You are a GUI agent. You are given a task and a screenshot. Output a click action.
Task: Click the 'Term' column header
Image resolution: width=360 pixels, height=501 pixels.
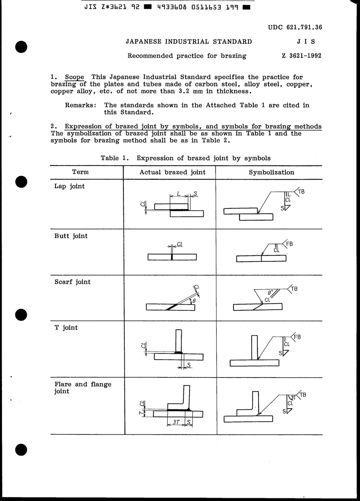80,172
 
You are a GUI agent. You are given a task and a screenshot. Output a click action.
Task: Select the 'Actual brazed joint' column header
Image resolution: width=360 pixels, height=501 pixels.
172,172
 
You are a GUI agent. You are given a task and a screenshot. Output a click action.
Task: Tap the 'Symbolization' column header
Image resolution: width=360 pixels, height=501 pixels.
271,172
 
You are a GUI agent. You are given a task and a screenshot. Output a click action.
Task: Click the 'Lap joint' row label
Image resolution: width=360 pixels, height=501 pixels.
69,186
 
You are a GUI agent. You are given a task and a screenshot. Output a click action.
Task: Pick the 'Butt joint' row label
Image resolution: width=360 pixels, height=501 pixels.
71,236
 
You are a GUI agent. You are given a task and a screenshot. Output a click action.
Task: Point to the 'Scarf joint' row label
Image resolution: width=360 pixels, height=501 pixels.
72,282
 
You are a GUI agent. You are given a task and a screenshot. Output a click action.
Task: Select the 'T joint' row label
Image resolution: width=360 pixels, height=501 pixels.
66,327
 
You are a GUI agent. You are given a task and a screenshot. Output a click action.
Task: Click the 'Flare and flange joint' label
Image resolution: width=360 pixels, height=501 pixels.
83,387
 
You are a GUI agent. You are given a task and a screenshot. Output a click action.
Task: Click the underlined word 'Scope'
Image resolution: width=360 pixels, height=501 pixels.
74,77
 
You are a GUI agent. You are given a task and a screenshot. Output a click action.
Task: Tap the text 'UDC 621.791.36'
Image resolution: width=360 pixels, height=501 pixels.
295,27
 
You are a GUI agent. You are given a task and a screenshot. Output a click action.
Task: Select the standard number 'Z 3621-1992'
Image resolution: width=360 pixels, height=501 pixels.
301,56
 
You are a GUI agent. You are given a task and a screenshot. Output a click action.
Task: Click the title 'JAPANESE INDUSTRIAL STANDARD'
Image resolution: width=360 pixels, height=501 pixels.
189,42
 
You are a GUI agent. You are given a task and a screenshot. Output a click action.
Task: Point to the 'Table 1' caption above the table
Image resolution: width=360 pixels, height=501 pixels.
185,158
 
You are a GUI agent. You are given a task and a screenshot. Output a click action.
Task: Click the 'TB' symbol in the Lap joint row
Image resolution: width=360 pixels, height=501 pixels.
301,192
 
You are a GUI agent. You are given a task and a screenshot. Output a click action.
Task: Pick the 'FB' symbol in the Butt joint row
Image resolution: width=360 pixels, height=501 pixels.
290,244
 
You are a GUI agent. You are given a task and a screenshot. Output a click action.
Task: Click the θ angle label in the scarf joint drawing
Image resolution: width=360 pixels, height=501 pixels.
194,301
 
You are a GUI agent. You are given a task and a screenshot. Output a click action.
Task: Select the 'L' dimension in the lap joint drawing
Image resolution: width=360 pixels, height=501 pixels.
178,194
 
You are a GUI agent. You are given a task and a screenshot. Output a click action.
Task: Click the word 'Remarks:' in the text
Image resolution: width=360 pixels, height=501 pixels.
80,105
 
